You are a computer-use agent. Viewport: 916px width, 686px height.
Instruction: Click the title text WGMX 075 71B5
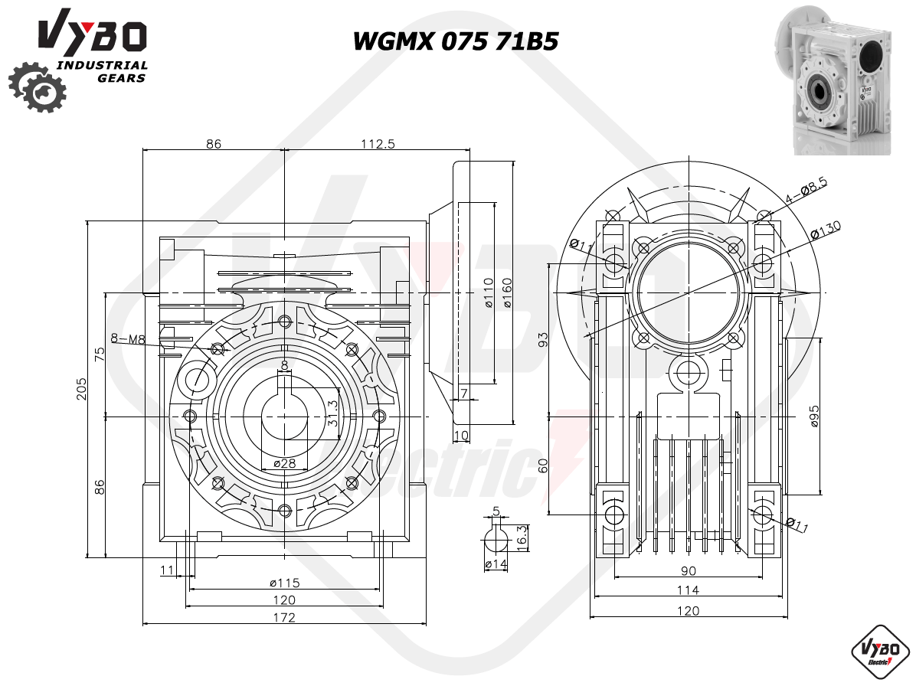click(456, 41)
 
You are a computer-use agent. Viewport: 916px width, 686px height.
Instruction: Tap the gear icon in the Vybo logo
click(37, 87)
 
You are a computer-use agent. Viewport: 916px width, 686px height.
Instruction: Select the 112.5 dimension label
click(378, 144)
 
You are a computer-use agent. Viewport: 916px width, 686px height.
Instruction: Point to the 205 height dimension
click(82, 389)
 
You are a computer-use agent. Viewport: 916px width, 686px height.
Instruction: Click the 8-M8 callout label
click(127, 338)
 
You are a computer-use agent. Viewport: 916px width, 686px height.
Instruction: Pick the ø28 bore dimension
click(284, 463)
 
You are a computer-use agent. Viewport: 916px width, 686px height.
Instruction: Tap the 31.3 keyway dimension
click(333, 412)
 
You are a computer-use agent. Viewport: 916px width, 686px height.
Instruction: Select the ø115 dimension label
click(284, 583)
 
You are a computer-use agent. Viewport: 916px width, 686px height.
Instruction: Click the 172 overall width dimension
click(284, 617)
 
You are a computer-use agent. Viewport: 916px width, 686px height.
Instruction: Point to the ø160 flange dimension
click(507, 294)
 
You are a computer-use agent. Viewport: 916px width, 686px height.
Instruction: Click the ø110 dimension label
click(489, 294)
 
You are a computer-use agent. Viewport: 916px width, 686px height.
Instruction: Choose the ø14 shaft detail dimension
click(496, 564)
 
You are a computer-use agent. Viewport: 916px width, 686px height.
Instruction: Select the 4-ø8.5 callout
click(806, 191)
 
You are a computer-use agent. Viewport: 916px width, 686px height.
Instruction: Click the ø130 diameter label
click(826, 230)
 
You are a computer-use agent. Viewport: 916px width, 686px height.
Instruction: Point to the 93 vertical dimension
click(543, 339)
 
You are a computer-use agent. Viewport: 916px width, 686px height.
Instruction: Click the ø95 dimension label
click(814, 416)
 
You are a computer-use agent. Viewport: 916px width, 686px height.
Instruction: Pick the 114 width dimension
click(688, 590)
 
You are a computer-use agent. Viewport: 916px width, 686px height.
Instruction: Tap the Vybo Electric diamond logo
click(881, 653)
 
